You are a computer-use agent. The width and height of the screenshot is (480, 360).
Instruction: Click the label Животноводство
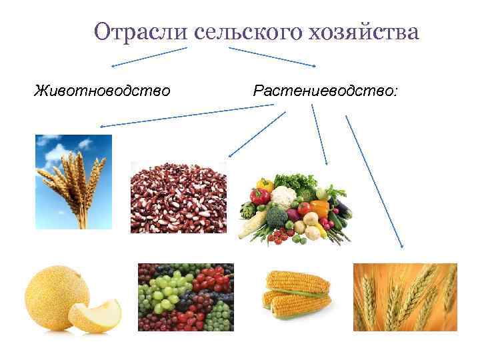click(102, 89)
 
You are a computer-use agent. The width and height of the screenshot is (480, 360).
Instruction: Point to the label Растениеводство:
click(325, 89)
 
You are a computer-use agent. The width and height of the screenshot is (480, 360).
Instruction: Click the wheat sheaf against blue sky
click(73, 181)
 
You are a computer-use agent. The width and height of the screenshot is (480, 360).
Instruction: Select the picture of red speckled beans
click(178, 197)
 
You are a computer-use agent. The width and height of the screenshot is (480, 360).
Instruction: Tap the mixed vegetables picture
click(293, 206)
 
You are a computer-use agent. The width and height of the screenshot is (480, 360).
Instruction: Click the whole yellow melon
click(56, 294)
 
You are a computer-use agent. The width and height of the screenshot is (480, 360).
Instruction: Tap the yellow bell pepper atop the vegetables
click(265, 183)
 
